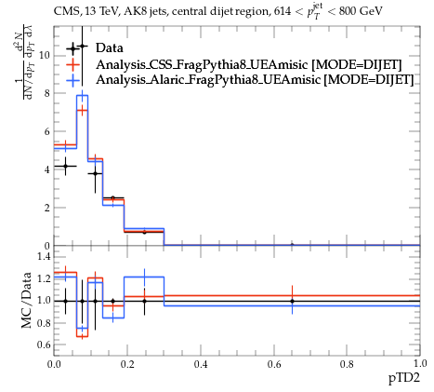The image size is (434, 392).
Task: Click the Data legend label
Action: [x=110, y=48]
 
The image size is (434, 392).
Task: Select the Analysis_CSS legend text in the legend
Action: [x=249, y=65]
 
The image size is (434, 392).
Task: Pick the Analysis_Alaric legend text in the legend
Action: [x=255, y=80]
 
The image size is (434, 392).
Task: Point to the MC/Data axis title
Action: [x=27, y=300]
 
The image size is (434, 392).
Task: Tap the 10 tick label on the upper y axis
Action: [x=45, y=56]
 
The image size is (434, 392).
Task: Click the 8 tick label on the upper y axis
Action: [x=47, y=93]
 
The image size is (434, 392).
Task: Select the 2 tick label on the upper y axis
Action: [x=47, y=208]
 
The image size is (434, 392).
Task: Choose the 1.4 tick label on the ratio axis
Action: [x=44, y=256]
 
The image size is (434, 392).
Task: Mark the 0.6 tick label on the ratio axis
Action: [x=44, y=345]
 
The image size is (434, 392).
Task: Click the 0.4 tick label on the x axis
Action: [x=201, y=364]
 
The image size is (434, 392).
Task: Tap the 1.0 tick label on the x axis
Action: [x=420, y=364]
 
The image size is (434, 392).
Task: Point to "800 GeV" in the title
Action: [x=361, y=11]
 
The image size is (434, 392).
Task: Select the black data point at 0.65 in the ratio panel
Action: [x=292, y=301]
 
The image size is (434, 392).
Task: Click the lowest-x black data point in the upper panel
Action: [x=65, y=166]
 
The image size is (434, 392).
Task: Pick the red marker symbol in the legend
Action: [x=73, y=65]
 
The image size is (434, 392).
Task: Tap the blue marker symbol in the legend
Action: [x=73, y=80]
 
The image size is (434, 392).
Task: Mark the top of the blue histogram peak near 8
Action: [x=82, y=96]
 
